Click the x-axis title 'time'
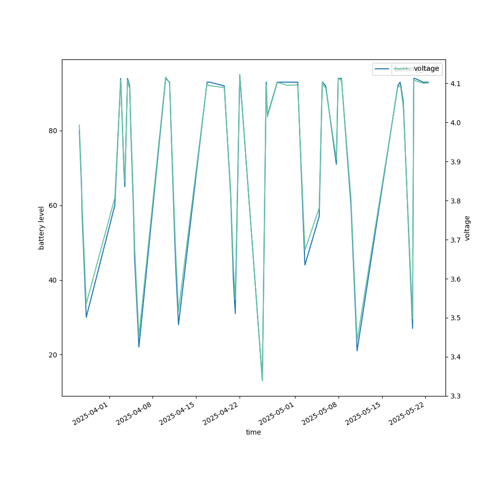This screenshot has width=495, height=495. coord(253,432)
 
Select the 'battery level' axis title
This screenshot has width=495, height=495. coord(42,228)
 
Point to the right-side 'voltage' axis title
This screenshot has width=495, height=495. coord(467,228)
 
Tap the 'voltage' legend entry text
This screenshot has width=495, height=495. coord(426,69)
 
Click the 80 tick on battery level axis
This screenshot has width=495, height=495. coord(52,131)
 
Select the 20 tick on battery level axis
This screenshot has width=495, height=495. coord(52,355)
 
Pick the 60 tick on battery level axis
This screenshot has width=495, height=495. coord(52,205)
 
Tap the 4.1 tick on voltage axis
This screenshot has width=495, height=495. coord(455,83)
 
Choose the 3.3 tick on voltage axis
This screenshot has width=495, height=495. coord(455,396)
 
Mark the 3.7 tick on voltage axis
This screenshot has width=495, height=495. coord(455,240)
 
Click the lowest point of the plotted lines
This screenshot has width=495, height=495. coord(262,381)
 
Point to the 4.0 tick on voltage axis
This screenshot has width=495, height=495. coord(455,122)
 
